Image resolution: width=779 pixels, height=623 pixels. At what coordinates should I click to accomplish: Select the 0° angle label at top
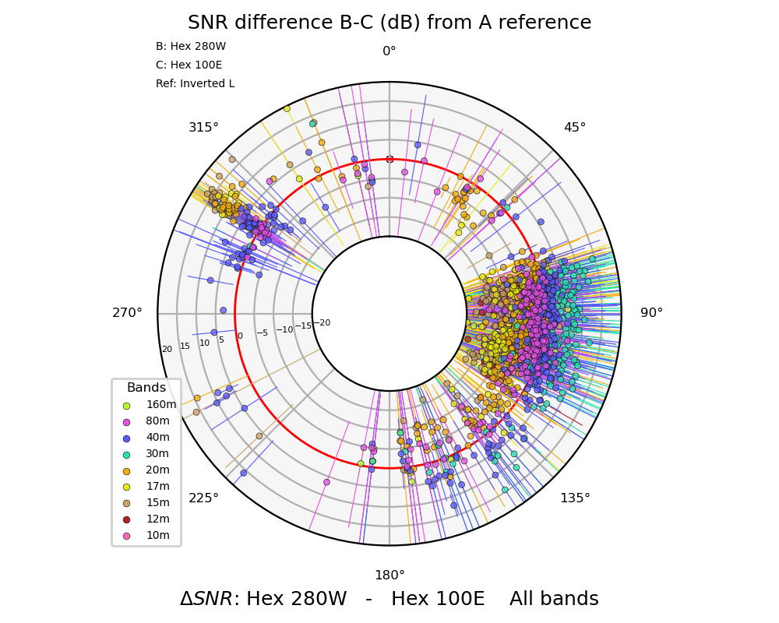tap(389, 52)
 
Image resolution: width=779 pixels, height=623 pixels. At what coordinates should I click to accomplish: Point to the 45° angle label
tap(575, 128)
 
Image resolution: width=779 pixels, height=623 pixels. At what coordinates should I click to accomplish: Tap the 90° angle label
tap(651, 313)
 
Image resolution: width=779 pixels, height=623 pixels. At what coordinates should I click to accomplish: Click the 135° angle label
tap(575, 498)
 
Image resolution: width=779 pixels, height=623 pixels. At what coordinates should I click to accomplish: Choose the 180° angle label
tap(389, 575)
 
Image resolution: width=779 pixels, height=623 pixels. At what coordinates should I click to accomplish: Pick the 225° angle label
tap(204, 498)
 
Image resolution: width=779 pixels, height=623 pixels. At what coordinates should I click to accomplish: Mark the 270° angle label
tap(128, 313)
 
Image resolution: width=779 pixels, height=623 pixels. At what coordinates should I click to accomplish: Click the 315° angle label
tap(204, 128)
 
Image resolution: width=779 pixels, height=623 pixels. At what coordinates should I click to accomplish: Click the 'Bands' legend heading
tap(146, 388)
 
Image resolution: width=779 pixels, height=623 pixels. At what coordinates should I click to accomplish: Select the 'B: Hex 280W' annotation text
tap(191, 47)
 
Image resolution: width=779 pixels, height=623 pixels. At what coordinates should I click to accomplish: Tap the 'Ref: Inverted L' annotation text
tap(195, 84)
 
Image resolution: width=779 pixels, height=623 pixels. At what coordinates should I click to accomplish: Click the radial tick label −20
tap(322, 323)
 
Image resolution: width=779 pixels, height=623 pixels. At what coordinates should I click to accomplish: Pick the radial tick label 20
tap(167, 350)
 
